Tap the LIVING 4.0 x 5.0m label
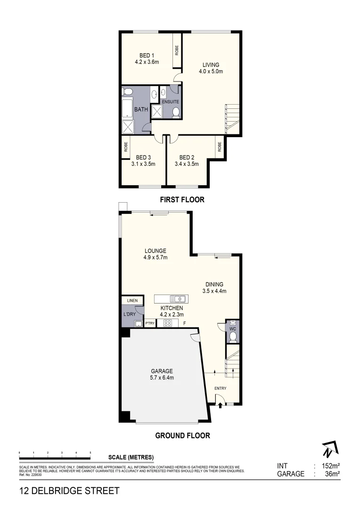click(x=211, y=68)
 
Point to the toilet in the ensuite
click(x=176, y=112)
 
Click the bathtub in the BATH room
click(x=127, y=109)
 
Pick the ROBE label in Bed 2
click(x=220, y=147)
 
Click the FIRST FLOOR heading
click(x=182, y=200)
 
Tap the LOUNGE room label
click(x=155, y=254)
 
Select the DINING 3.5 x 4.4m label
click(x=214, y=287)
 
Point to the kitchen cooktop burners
click(x=168, y=323)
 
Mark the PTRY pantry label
click(x=150, y=323)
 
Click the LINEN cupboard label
click(x=131, y=300)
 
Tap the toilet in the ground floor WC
click(x=232, y=337)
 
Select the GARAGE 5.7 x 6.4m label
click(x=162, y=374)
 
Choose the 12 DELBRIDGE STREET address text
click(x=69, y=491)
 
